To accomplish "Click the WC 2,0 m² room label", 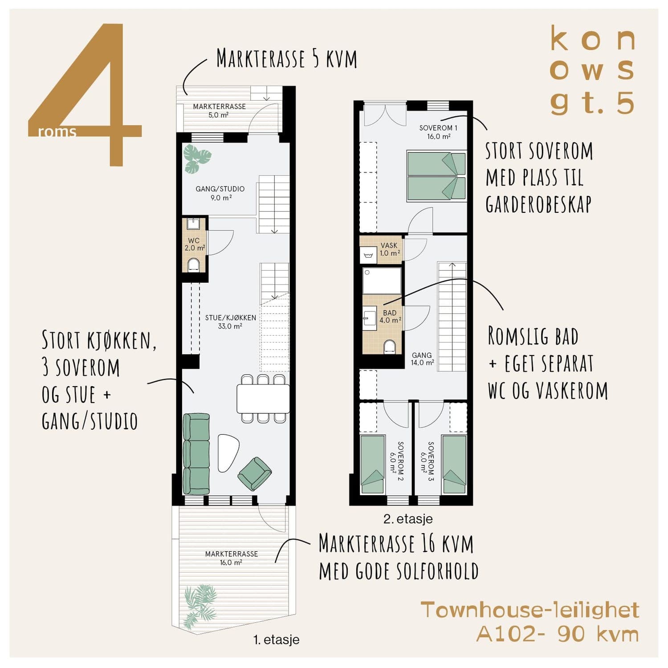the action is coord(195,244).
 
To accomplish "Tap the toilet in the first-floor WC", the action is coord(194,265).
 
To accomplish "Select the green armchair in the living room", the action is coord(255,474).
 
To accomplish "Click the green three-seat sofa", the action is coord(196,454).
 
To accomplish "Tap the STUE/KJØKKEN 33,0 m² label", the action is coord(230,322).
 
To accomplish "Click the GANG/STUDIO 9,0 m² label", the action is coord(220,193).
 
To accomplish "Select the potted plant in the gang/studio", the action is coord(197,159).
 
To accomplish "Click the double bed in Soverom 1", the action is coord(436,176).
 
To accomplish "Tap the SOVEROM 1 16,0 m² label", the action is coord(438,132).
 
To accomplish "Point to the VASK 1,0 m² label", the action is coord(390,249).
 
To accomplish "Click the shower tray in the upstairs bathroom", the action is coord(382,281).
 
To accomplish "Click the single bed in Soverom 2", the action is coord(372,464).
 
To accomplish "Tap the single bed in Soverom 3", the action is coord(454,464).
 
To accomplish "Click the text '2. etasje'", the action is coord(408,519).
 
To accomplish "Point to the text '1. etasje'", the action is coord(277,640).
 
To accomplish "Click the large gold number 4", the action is coord(85,94).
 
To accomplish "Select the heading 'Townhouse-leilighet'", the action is coord(530,610).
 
